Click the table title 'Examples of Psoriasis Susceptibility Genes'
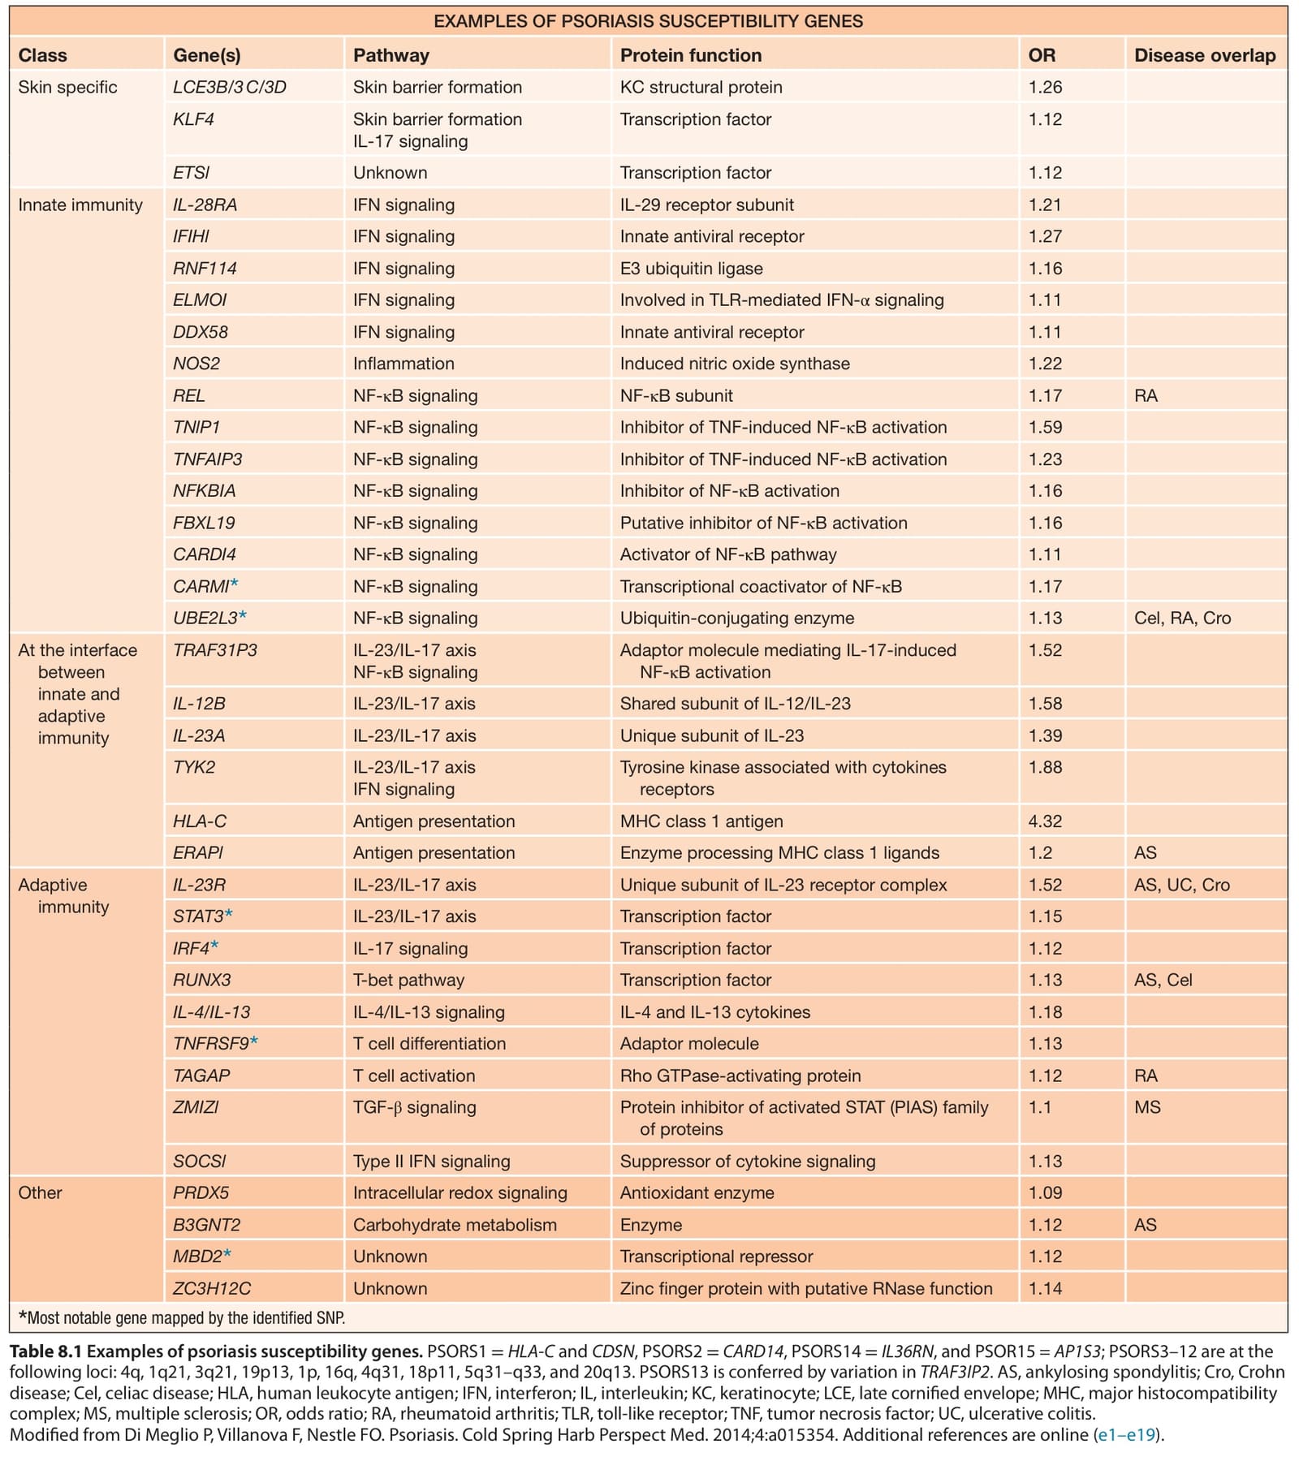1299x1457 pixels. pos(648,21)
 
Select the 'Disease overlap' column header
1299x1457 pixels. pos(1205,55)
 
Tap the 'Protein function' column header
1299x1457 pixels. pos(691,55)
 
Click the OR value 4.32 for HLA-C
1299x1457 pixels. pos(1045,821)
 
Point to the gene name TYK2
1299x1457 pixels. pos(194,767)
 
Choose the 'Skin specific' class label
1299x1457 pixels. pos(67,88)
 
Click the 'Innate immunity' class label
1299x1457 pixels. pos(80,205)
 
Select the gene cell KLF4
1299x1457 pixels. pos(193,119)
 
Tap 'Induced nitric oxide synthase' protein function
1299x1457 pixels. pos(735,364)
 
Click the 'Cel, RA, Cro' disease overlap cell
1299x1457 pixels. pos(1182,619)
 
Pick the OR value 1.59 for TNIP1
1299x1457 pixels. pos(1045,427)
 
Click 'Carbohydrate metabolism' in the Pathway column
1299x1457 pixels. pos(455,1225)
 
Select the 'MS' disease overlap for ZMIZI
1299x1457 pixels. pos(1147,1107)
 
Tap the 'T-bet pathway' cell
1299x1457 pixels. pos(408,981)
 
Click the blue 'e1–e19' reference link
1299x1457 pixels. pos(1126,1435)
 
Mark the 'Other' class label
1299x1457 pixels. pos(40,1193)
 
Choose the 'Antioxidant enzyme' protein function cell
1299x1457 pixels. pos(697,1193)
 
